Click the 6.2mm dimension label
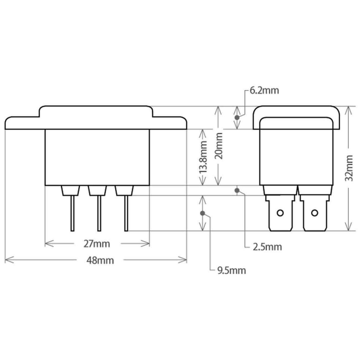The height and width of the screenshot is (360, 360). [264, 90]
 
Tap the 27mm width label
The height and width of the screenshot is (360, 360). [96, 244]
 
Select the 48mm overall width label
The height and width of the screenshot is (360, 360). [100, 260]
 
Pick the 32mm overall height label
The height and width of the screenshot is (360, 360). [349, 168]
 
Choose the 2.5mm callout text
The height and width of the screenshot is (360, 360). [267, 247]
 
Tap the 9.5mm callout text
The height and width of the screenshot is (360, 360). [231, 270]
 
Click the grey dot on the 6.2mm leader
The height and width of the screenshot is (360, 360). [237, 118]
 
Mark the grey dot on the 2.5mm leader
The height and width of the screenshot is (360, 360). [237, 190]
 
